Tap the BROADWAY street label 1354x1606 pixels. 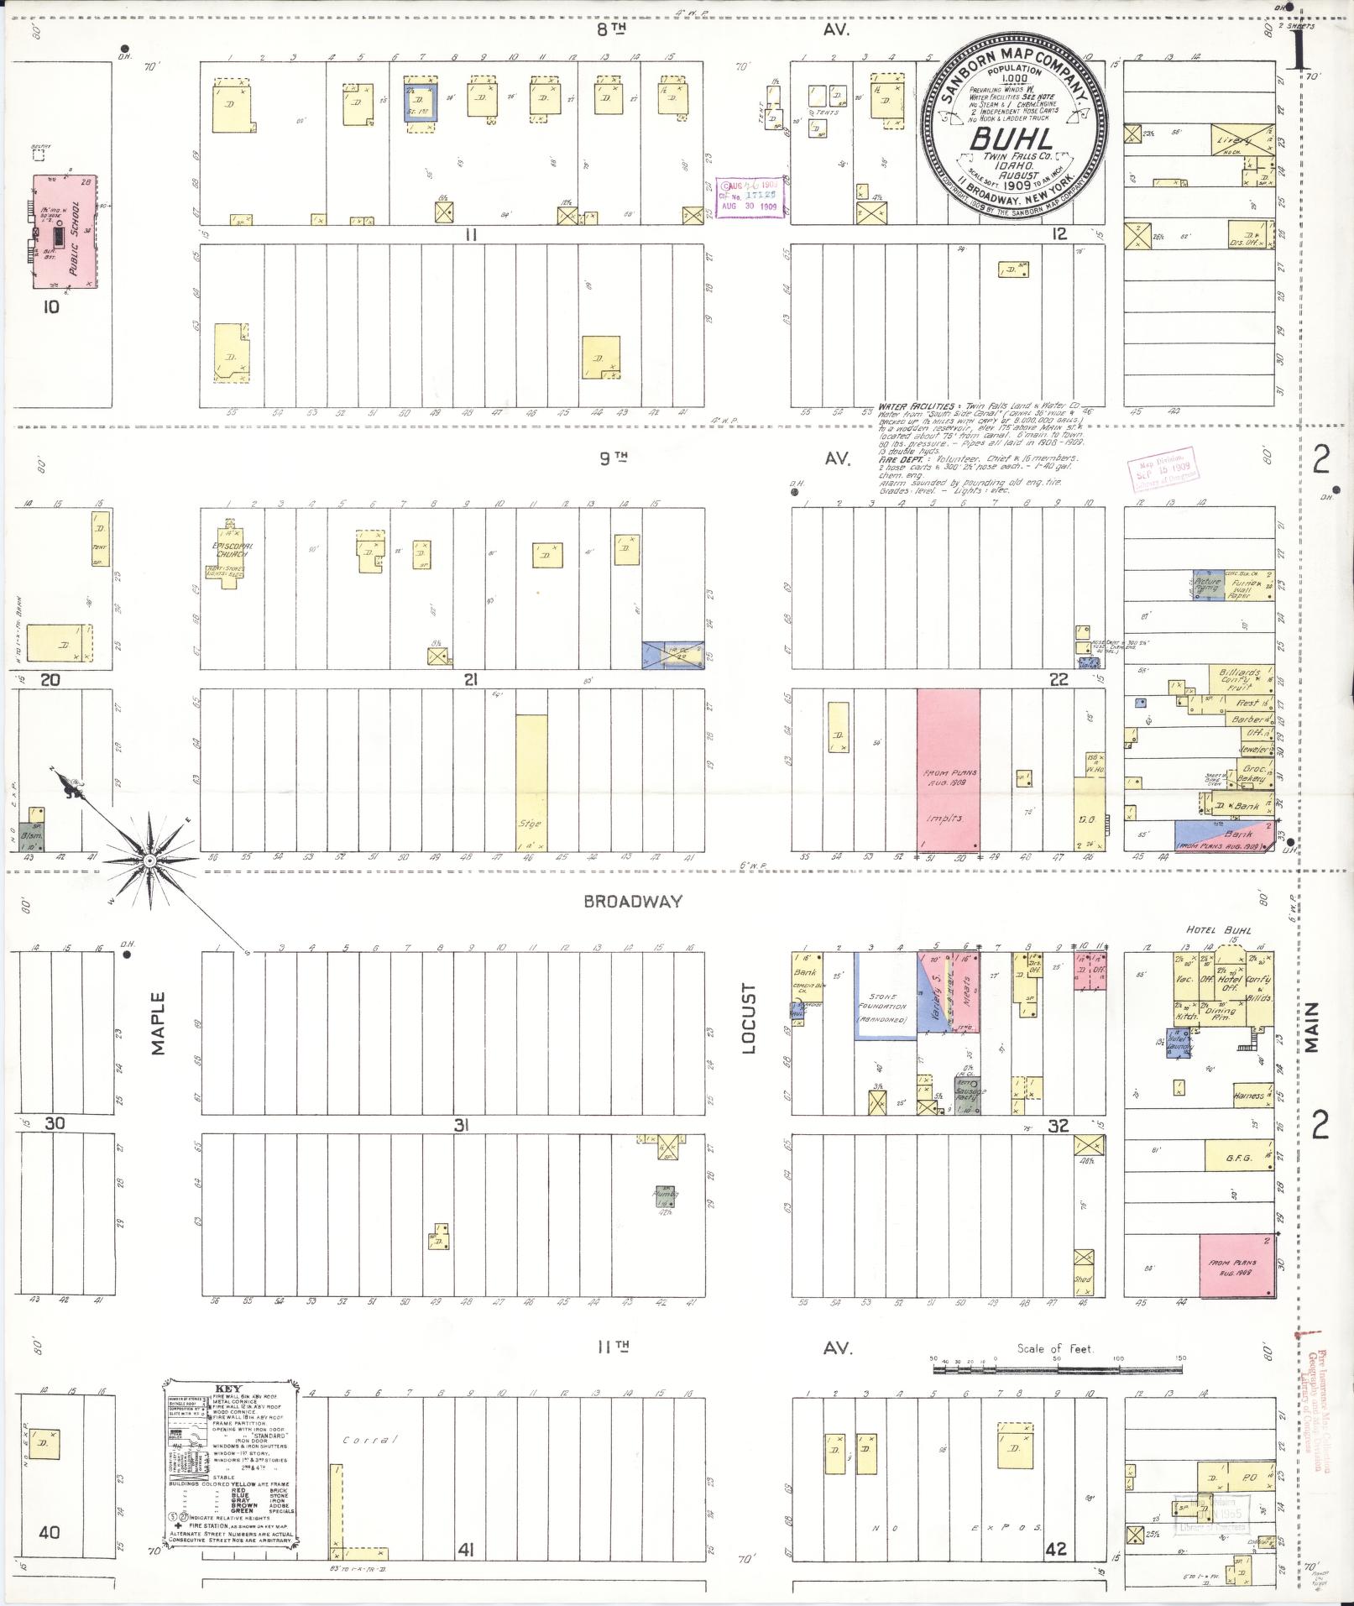point(633,902)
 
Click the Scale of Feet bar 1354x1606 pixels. point(1058,1369)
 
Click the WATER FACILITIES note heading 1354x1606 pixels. point(916,405)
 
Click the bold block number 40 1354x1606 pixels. point(49,1532)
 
